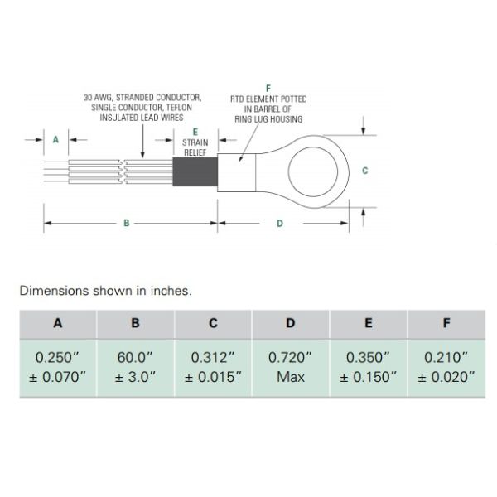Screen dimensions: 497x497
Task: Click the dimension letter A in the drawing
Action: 55,140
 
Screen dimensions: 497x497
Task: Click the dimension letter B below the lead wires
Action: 125,223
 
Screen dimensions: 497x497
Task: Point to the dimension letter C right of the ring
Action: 365,170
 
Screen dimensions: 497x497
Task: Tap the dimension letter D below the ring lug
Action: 279,223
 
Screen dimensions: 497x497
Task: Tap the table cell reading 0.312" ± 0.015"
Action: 212,367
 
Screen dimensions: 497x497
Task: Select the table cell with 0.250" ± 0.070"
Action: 57,367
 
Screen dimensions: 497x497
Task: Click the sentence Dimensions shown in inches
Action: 105,291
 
